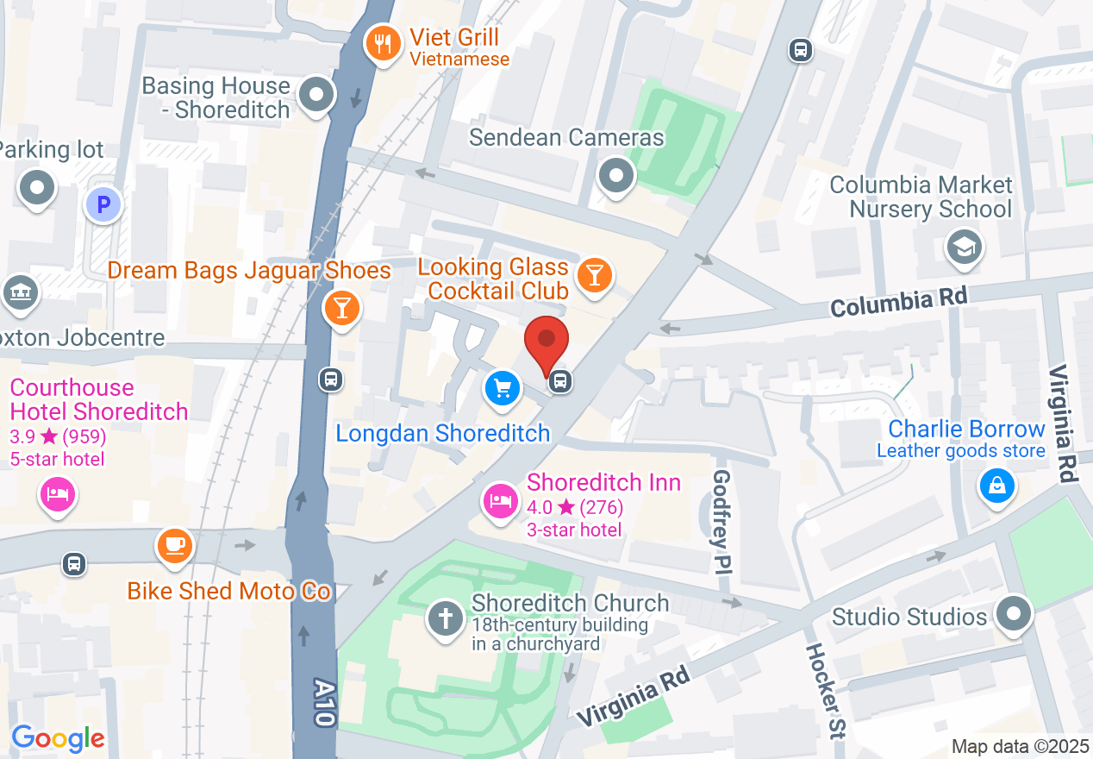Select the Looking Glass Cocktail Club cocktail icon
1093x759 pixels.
(594, 275)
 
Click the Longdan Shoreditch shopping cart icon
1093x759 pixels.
(503, 388)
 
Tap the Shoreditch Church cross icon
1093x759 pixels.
(446, 618)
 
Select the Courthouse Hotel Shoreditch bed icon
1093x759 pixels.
(57, 495)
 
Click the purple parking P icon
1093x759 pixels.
(103, 205)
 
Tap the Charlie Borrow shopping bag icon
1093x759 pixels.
(996, 486)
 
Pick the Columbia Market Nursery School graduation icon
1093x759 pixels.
(964, 248)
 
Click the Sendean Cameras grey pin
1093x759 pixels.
(616, 176)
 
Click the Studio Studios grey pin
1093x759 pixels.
(1014, 614)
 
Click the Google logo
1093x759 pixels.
(59, 739)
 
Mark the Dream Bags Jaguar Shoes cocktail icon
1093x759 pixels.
(341, 307)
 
